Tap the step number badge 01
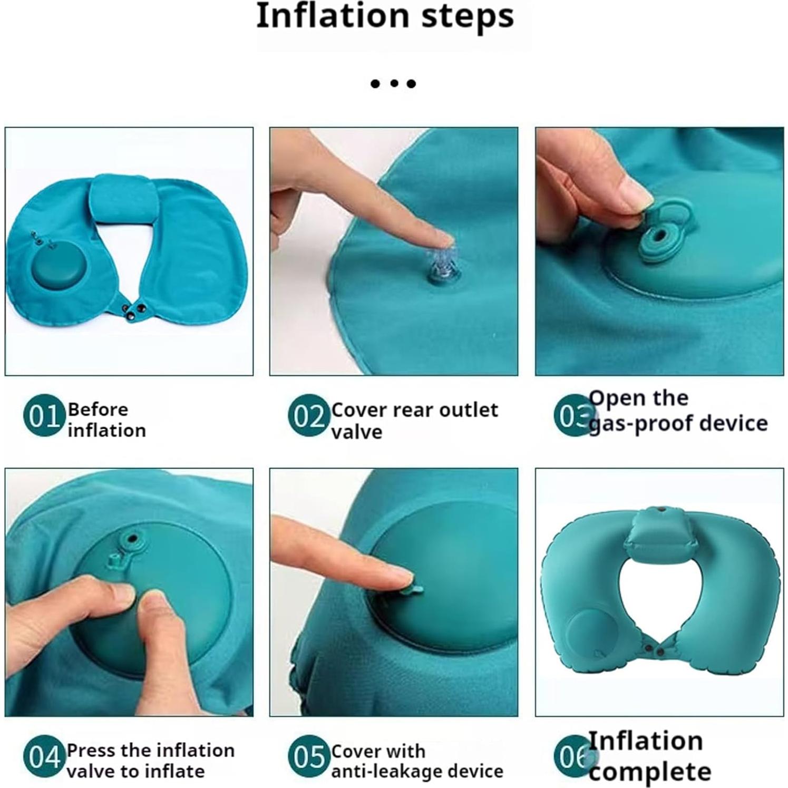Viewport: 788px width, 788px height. coord(43,416)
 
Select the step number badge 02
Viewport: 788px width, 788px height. coord(308,416)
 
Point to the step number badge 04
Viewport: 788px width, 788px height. coord(43,757)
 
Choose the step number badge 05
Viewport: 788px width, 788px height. coord(308,757)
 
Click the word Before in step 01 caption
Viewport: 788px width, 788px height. coord(98,410)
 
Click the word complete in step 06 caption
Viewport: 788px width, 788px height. coord(649,772)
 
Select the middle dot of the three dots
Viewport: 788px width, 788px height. coord(393,83)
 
